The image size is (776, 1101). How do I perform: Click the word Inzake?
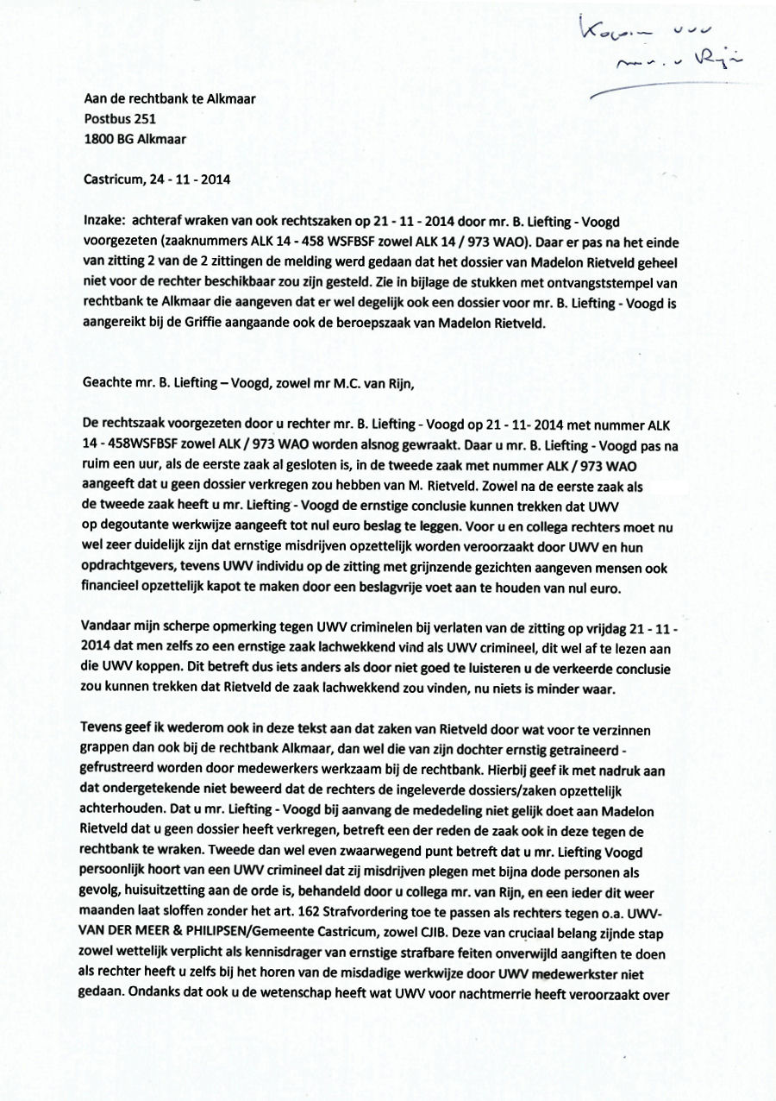104,221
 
